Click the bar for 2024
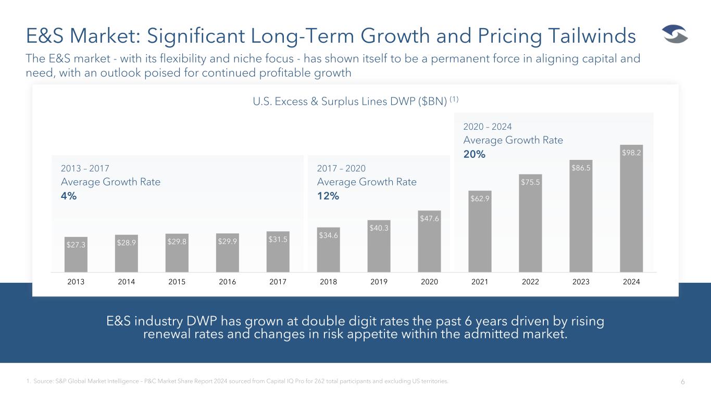coord(631,208)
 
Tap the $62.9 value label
coord(480,198)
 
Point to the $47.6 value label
coord(429,218)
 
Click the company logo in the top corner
coord(675,35)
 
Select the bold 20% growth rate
coord(474,155)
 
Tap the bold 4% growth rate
coord(68,196)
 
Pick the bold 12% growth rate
coord(328,196)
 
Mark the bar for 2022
coord(530,223)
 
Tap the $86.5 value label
coord(581,168)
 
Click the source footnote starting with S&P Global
coord(240,382)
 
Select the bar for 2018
coord(328,249)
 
